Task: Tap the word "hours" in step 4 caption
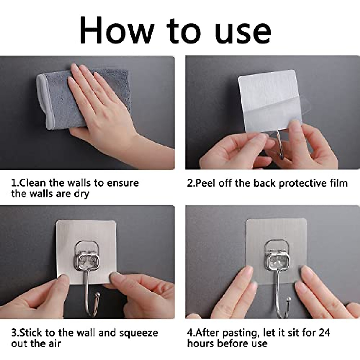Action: (x=201, y=344)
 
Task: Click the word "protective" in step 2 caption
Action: (x=300, y=183)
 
